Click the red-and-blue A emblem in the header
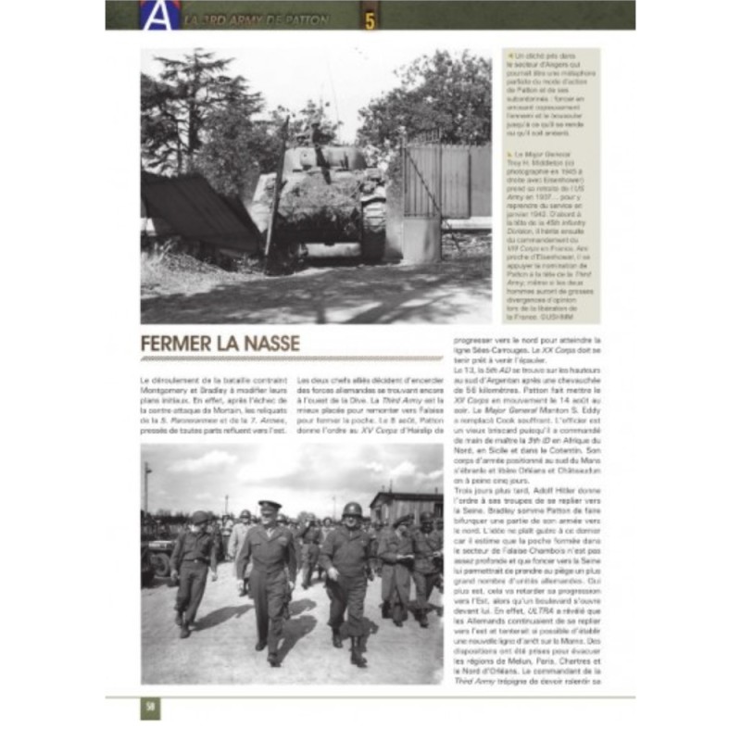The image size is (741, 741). (x=154, y=14)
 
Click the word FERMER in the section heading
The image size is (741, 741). (x=181, y=345)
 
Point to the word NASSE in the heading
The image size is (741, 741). (x=270, y=345)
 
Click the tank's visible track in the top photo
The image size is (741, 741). (x=373, y=228)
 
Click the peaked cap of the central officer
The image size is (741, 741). (x=269, y=505)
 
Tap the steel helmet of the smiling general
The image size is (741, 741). (x=353, y=509)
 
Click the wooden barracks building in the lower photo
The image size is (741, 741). (x=405, y=506)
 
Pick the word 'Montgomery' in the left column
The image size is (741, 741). (x=170, y=390)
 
